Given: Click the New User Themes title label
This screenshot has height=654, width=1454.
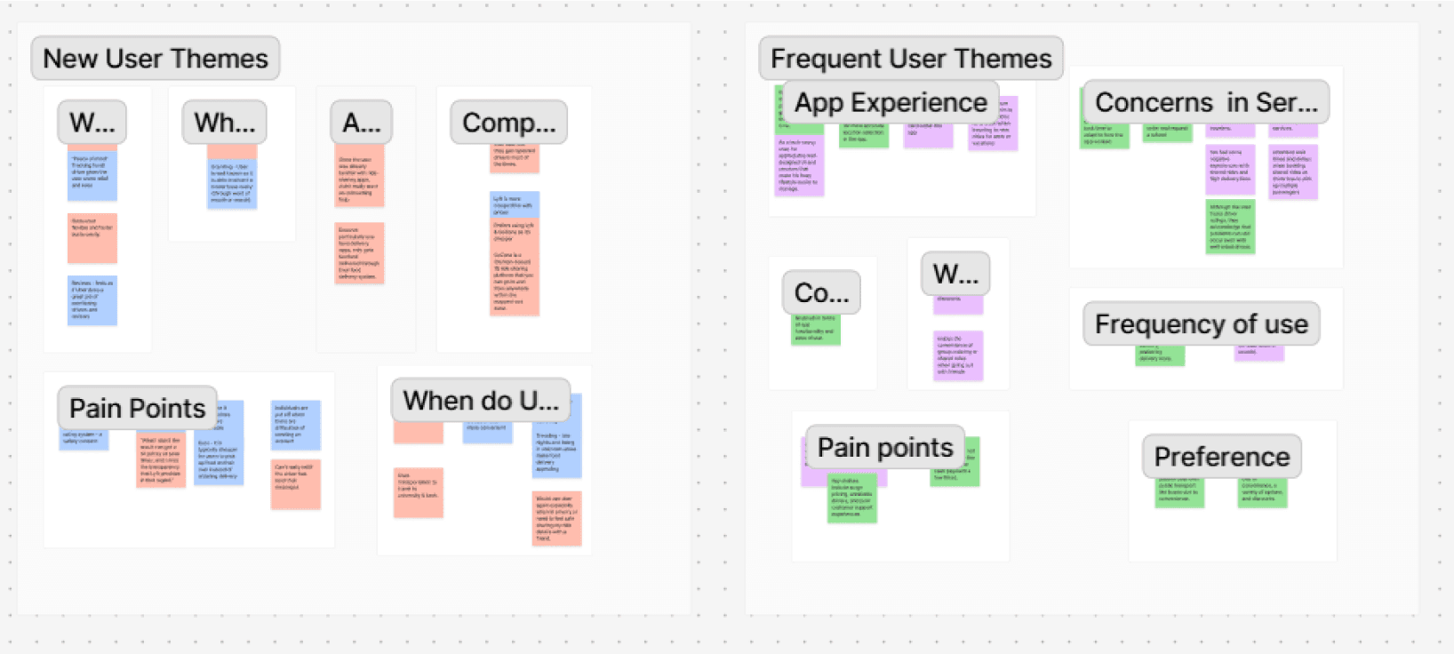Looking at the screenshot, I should (x=156, y=59).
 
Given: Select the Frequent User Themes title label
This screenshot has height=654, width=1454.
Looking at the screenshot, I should (x=911, y=59).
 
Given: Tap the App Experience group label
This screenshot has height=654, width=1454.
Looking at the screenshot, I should (x=890, y=103).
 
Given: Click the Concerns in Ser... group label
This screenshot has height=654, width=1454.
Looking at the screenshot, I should (x=1205, y=103).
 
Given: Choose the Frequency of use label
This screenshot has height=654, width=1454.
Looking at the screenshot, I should (x=1201, y=324).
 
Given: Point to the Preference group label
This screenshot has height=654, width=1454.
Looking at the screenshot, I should (x=1221, y=457).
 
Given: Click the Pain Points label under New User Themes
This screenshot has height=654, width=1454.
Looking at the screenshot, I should (x=137, y=408).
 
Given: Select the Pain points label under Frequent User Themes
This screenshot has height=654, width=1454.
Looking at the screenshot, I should (x=884, y=447).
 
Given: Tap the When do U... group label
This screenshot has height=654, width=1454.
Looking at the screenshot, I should (x=481, y=401).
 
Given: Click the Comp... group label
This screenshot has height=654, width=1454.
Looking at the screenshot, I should (x=508, y=123).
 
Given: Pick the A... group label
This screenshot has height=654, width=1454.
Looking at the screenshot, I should (x=361, y=123).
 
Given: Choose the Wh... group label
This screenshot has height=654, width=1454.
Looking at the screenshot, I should (x=224, y=123).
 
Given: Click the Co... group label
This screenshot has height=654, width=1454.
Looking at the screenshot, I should (x=821, y=292).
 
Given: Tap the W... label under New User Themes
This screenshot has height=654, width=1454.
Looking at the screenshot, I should (x=92, y=123).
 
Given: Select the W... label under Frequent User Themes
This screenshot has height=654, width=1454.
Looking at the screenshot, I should (x=955, y=274).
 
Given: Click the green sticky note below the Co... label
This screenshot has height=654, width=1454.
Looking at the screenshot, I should (x=816, y=330).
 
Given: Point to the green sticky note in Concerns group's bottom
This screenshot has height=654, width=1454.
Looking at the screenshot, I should (x=1230, y=227).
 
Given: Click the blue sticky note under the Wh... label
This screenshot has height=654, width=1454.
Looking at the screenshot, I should (x=232, y=184).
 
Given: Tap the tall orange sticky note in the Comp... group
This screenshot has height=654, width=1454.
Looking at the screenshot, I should (x=514, y=267).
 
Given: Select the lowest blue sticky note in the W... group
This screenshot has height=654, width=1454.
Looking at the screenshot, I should (x=92, y=299).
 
